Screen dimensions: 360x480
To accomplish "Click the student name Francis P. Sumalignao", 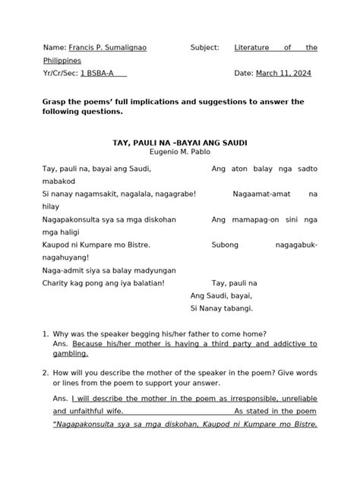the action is [108, 47].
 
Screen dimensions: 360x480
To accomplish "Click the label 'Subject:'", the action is [204, 47].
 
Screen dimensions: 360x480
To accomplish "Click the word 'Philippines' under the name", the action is [63, 60].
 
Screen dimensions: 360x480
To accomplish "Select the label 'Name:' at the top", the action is [55, 47].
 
